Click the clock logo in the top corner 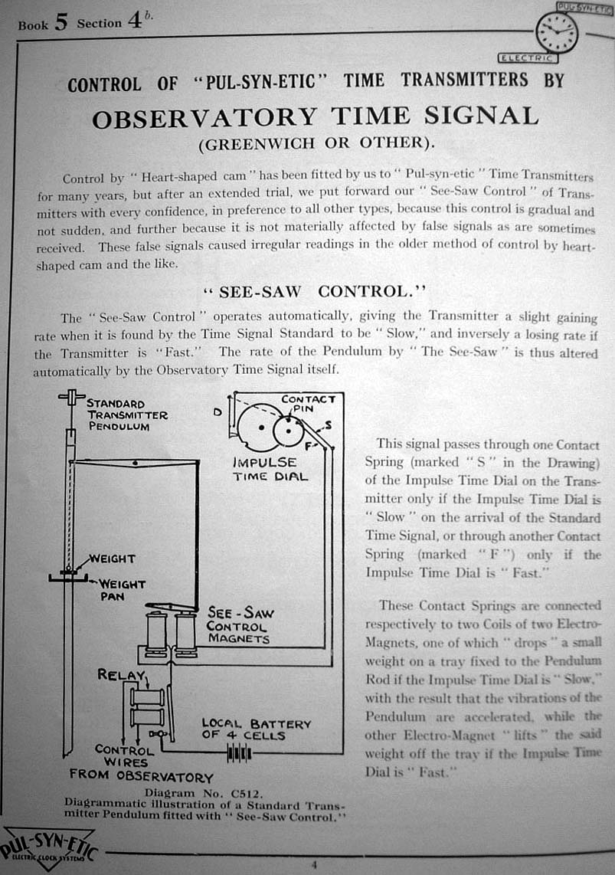[x=557, y=32]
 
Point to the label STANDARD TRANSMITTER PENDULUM [x=127, y=415]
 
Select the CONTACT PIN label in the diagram [x=308, y=404]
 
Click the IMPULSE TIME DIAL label [x=270, y=469]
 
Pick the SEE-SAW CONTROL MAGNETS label [x=239, y=626]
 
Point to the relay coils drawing [x=146, y=706]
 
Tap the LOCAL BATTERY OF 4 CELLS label [x=256, y=729]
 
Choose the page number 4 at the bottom [x=313, y=866]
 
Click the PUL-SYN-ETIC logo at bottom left [x=48, y=847]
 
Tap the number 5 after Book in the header [x=61, y=22]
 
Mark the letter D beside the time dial [x=218, y=412]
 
